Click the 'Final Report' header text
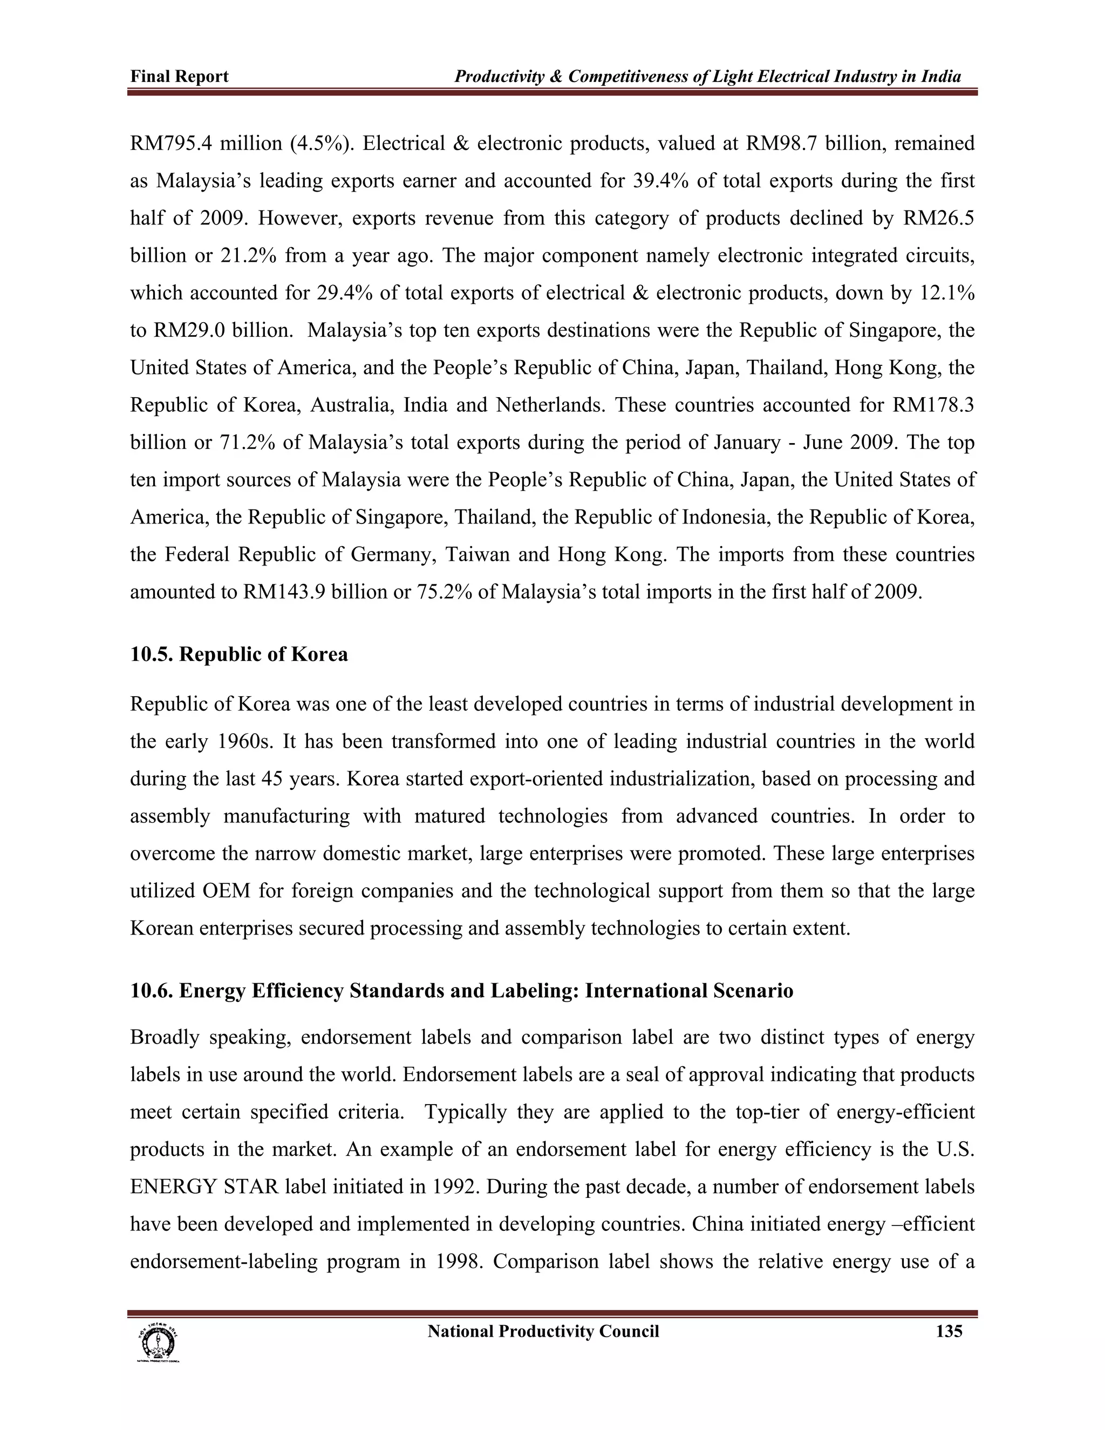point(179,77)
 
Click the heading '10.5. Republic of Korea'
point(239,654)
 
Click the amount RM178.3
point(933,405)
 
